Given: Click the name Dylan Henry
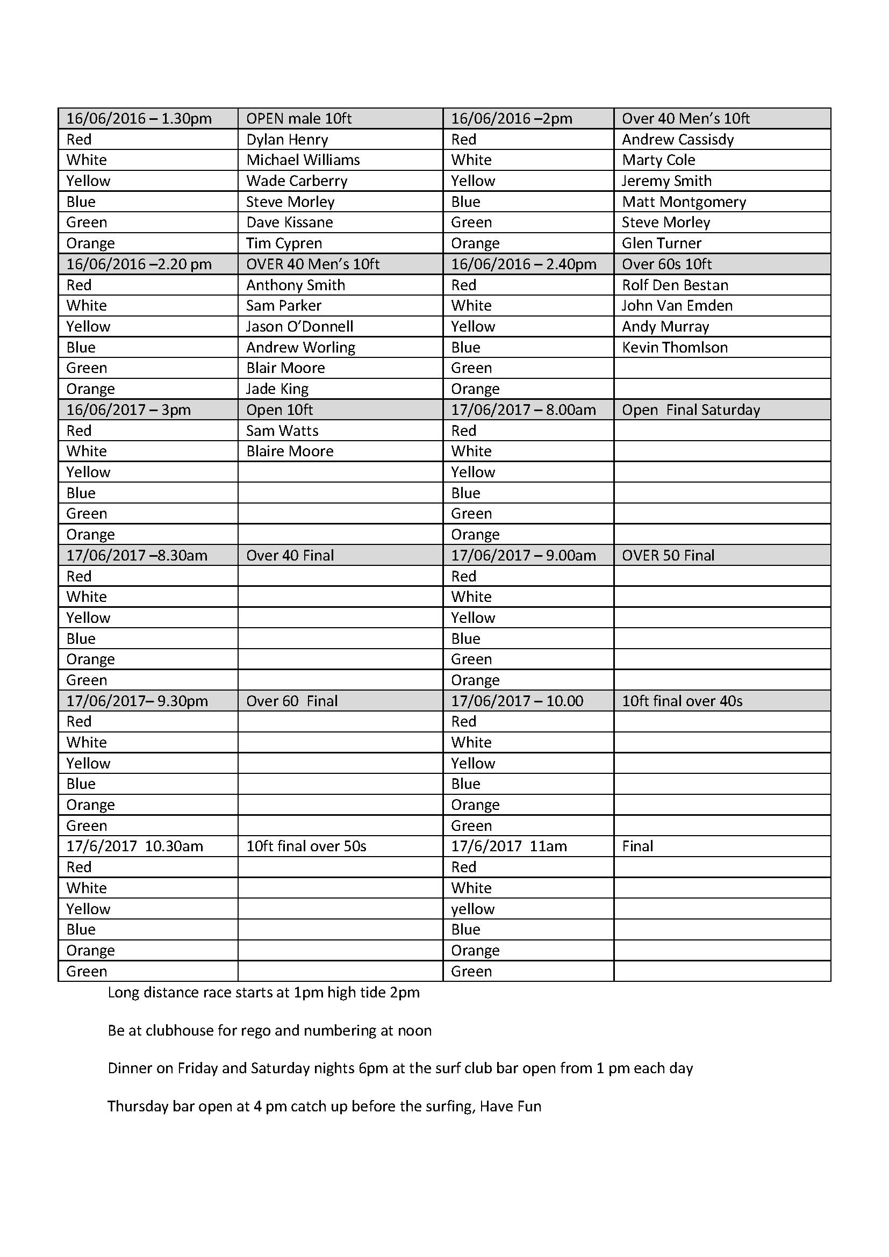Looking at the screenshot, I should point(287,140).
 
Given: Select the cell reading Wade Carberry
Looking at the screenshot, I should point(296,181).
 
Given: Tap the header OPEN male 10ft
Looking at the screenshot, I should point(298,119).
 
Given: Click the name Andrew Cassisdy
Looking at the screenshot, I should point(677,140).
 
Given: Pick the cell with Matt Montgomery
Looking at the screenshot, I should point(684,202).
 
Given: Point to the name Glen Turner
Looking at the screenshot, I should point(661,243).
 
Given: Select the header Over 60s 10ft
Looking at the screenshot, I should point(666,264).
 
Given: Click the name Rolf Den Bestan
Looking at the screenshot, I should point(675,285).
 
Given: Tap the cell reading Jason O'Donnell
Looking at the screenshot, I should point(299,327).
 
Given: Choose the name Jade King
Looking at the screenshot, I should point(277,389).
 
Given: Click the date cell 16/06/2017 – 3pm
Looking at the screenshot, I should point(128,410).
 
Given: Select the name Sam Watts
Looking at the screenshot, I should point(282,431).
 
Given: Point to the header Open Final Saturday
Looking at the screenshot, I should point(690,410).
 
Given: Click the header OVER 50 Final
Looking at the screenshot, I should point(668,556).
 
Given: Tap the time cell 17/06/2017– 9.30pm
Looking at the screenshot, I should point(137,701).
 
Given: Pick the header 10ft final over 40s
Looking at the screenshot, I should point(682,701).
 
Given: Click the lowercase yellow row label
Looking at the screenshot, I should point(472,909).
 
